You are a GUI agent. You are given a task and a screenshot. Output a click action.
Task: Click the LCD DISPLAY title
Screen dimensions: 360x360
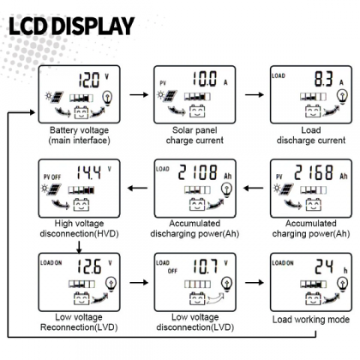point(71,26)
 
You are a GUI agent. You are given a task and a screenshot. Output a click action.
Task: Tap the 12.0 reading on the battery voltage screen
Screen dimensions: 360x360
point(89,80)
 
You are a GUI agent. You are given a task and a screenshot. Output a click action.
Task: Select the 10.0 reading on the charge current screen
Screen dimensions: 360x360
point(205,79)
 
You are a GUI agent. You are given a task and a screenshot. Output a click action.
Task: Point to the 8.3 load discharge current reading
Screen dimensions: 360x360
point(324,79)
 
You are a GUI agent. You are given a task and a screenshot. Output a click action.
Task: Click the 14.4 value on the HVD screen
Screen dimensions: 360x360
point(89,172)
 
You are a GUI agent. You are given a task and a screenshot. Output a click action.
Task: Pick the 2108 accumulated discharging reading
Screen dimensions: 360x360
point(198,172)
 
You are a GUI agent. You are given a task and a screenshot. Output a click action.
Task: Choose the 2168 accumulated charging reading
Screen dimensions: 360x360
point(314,172)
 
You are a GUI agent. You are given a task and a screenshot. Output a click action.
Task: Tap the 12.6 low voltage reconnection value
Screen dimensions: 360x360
point(89,267)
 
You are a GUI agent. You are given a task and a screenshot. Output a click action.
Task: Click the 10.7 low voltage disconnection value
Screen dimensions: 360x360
point(205,267)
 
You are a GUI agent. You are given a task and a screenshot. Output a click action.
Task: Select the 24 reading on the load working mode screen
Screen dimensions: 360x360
point(324,267)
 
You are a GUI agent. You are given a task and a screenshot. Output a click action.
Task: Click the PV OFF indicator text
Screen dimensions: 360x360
point(52,177)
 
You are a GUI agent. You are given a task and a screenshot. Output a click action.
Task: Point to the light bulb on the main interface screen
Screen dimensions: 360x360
point(107,98)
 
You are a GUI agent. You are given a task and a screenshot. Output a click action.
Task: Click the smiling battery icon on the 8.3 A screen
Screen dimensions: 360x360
point(313,111)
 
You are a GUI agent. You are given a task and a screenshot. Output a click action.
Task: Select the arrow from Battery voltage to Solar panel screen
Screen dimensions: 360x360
point(139,94)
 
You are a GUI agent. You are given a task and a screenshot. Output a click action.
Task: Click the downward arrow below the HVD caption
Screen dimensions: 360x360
point(79,247)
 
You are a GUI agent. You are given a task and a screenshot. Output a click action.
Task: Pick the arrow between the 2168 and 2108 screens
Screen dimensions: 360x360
point(254,188)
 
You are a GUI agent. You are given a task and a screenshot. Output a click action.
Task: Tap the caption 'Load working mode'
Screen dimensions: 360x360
point(311,320)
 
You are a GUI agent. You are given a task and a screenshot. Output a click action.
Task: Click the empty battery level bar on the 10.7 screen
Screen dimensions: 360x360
point(197,284)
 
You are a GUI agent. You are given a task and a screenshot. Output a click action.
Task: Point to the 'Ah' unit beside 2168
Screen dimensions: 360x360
point(344,176)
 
